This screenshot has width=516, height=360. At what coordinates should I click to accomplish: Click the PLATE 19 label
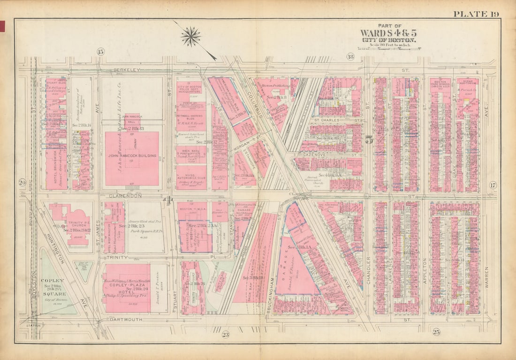[476, 14]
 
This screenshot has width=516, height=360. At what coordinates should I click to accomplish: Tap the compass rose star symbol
[191, 36]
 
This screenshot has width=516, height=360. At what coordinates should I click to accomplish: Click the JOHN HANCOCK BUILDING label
[132, 155]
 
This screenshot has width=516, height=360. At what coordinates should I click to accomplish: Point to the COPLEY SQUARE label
[55, 283]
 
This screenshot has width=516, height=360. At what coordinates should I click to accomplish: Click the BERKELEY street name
[126, 69]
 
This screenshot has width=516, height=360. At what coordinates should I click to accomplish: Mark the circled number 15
[100, 51]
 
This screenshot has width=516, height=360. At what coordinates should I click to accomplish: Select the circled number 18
[350, 57]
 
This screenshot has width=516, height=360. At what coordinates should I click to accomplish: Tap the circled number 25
[436, 332]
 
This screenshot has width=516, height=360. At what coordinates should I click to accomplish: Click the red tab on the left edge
[2, 27]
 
